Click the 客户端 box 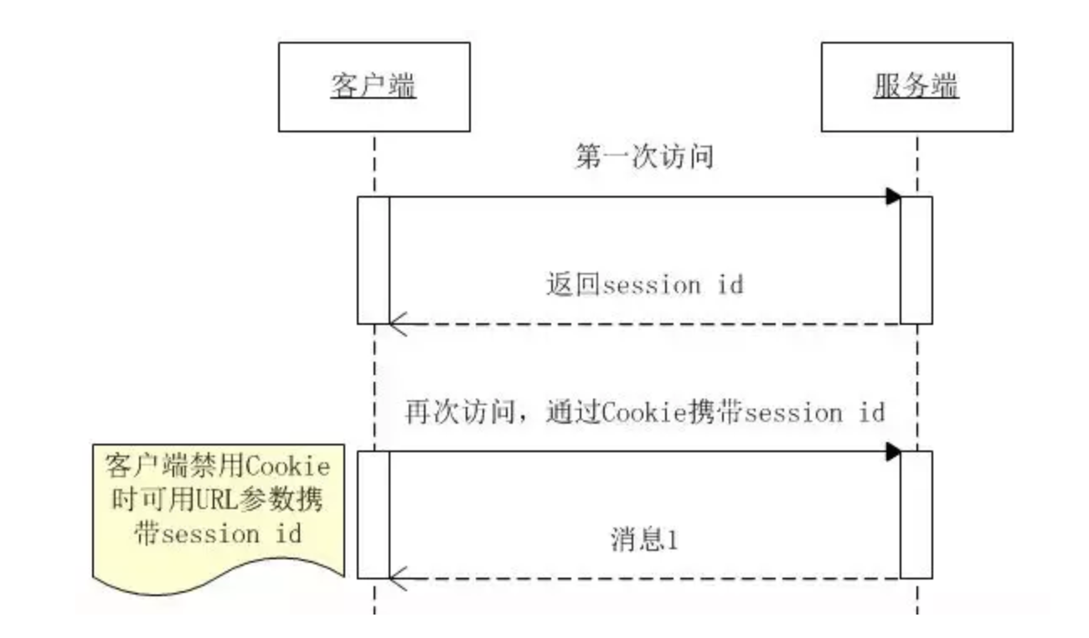374,87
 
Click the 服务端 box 916,87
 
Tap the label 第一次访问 644,157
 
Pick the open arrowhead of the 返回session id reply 397,323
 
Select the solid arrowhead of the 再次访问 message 893,452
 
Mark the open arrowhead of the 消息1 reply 397,578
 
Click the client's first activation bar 374,260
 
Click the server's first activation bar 916,260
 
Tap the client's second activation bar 374,514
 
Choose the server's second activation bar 916,514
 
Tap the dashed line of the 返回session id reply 645,323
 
